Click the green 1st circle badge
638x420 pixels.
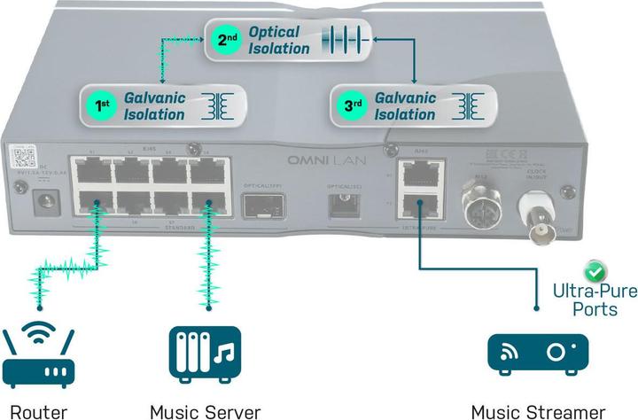coord(103,105)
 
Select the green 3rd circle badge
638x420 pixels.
coord(354,105)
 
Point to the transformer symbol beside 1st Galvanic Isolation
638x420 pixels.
coord(216,105)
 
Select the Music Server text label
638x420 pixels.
coord(205,410)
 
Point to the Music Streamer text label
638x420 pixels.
coord(538,410)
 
